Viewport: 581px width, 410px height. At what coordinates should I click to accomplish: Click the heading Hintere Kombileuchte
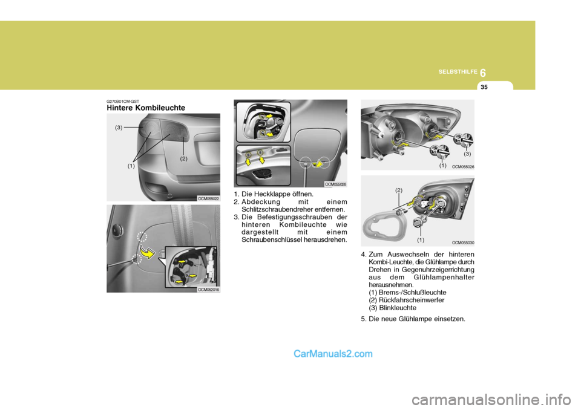(146, 108)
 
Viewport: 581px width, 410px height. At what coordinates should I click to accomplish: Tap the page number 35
(484, 87)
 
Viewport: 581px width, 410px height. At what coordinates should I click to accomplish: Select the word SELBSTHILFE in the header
(458, 71)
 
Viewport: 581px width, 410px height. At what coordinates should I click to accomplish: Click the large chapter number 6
(482, 73)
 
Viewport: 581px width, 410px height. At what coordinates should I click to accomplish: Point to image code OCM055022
(208, 198)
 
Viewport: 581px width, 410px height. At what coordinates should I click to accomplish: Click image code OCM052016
(208, 290)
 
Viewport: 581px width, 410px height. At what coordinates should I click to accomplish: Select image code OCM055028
(335, 184)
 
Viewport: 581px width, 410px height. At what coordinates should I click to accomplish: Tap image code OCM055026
(463, 167)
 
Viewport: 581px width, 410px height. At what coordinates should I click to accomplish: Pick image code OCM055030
(463, 243)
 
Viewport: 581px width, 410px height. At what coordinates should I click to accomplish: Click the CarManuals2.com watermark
(333, 354)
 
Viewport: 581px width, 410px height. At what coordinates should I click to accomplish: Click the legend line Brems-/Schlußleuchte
(407, 293)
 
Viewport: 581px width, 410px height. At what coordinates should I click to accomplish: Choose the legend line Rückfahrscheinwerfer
(407, 300)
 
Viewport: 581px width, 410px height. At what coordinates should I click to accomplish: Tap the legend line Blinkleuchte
(392, 308)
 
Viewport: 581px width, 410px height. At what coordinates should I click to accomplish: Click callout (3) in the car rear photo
(119, 128)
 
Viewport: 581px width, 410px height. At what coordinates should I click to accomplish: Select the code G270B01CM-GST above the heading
(123, 101)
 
